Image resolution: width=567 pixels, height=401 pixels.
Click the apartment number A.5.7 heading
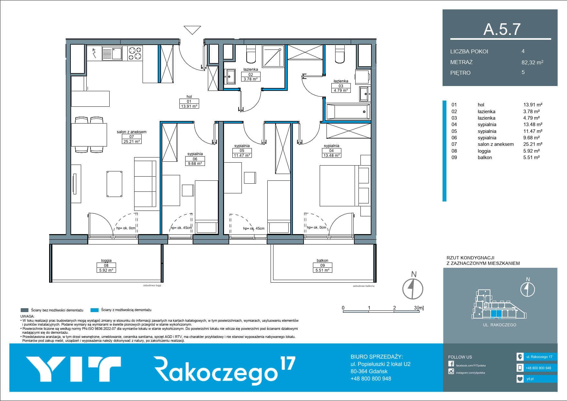(502, 29)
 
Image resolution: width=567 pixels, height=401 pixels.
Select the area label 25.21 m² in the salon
(132, 141)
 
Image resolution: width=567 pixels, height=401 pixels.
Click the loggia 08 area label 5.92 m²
(106, 270)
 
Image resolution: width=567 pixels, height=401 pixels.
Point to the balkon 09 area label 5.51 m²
(322, 270)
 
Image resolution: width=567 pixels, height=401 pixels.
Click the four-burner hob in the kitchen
(135, 53)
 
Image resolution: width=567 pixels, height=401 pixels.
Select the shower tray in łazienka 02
(273, 56)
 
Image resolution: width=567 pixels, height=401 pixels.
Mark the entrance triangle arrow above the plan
(192, 30)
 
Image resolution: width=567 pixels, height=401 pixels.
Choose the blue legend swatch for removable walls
(94, 310)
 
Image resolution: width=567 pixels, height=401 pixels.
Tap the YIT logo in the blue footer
(73, 369)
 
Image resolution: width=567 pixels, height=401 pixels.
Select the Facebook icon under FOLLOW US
(451, 364)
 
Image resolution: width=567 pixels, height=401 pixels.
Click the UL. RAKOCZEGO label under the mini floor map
(499, 325)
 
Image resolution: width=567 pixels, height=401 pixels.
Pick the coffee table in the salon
(114, 184)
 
